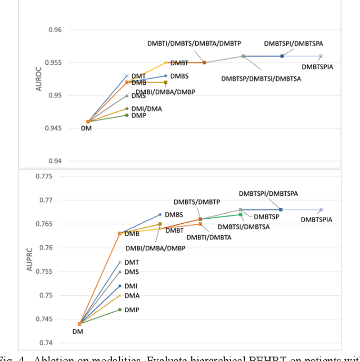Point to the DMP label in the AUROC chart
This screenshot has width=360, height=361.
click(x=138, y=116)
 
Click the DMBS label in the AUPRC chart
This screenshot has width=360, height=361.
click(x=178, y=215)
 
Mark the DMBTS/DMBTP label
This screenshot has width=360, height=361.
click(x=196, y=202)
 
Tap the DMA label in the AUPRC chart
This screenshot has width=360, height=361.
click(x=132, y=296)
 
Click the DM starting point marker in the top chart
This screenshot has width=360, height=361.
click(x=88, y=121)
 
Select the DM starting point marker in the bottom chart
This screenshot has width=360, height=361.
click(x=80, y=323)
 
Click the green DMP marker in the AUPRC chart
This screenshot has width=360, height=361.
click(x=119, y=309)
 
